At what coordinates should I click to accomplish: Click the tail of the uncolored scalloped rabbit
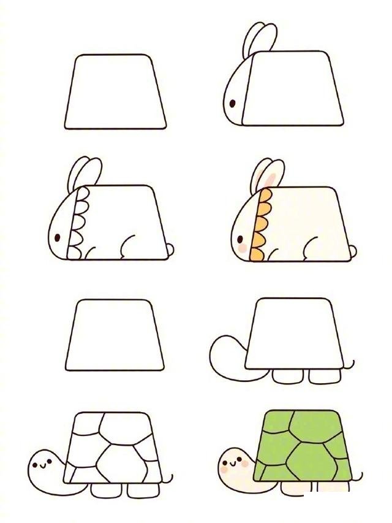point(169,249)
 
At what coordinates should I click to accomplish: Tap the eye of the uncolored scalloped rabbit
point(58,237)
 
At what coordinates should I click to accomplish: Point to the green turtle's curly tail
point(357,476)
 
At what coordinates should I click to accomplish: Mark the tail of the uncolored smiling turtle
point(170,478)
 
